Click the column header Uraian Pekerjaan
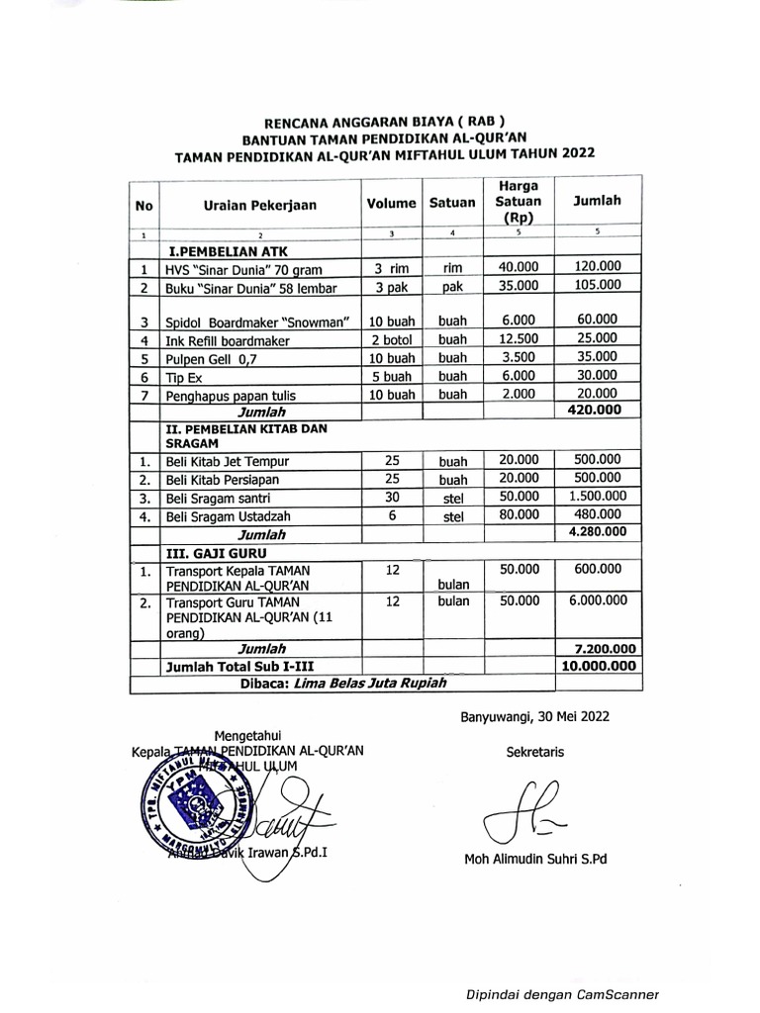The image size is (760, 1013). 260,205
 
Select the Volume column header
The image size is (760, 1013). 392,204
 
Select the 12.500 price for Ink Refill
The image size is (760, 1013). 519,339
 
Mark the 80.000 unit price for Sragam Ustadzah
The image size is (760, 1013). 519,514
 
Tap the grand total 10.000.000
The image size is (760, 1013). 597,667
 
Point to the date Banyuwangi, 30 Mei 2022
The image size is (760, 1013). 534,717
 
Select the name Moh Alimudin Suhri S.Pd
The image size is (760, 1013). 535,859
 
